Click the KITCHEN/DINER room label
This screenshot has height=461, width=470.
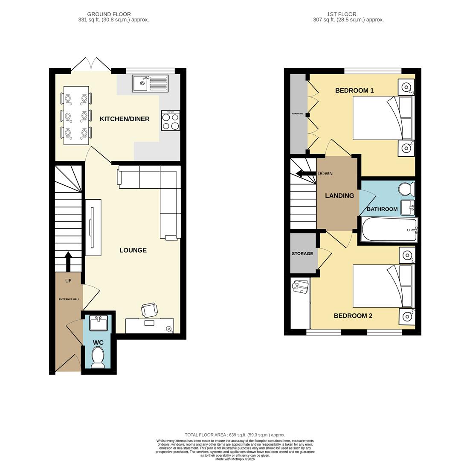click(x=125, y=119)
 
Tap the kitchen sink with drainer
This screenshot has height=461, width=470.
click(x=150, y=83)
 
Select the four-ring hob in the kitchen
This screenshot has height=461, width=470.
click(x=171, y=121)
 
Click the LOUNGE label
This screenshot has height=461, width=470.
click(x=133, y=251)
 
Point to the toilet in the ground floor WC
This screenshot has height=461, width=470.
click(x=98, y=357)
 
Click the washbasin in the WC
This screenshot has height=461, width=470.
click(x=99, y=324)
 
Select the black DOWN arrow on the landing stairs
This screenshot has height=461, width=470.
click(x=305, y=174)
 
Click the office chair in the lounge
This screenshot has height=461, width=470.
click(x=149, y=309)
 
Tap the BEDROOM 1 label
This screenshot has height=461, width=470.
click(x=354, y=90)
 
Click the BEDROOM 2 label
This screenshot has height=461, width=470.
click(x=353, y=316)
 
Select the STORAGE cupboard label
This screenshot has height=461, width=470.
click(x=302, y=254)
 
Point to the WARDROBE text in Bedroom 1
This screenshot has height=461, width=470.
click(x=297, y=114)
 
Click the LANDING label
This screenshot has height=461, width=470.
click(x=339, y=196)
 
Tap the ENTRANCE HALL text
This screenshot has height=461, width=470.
click(x=69, y=299)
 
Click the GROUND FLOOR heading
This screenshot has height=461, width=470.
click(x=109, y=14)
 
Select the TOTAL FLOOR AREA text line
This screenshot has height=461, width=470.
click(x=235, y=435)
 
